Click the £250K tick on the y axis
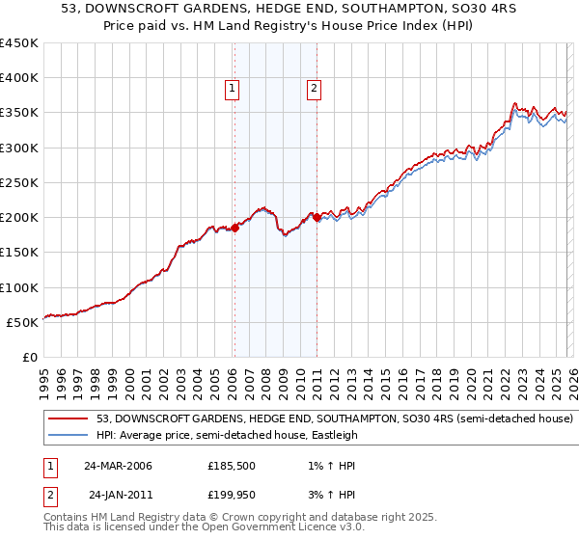[x=18, y=182]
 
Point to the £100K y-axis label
[x=18, y=287]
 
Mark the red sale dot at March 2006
[x=234, y=229]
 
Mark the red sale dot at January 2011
[x=317, y=218]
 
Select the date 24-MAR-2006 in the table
[x=118, y=466]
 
